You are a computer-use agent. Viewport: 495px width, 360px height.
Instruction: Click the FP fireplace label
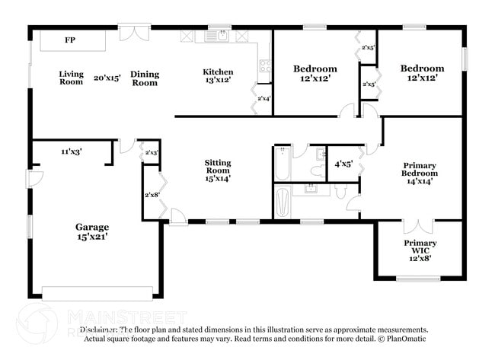coord(70,40)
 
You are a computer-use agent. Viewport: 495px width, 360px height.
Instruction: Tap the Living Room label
coord(72,78)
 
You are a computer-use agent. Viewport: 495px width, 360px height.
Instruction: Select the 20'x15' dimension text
coord(107,78)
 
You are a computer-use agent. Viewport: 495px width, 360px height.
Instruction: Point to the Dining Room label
coord(145,78)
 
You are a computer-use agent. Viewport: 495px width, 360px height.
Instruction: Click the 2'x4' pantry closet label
coord(264,98)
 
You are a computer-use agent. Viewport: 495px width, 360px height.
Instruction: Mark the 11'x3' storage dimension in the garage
coord(72,151)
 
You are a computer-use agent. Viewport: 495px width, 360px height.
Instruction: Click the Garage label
coord(91,227)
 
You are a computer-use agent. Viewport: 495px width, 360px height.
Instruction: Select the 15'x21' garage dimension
coord(91,237)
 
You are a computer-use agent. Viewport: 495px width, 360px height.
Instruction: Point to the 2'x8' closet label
coord(152,194)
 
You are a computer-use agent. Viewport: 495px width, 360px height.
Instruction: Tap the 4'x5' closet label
coord(343,164)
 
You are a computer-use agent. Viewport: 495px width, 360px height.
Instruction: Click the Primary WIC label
coord(420,247)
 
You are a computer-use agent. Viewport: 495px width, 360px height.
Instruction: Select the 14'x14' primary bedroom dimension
coord(420,183)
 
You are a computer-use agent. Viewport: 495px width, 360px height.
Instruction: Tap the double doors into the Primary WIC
coord(418,226)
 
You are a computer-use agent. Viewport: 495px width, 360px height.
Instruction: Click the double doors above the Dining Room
coord(135,33)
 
